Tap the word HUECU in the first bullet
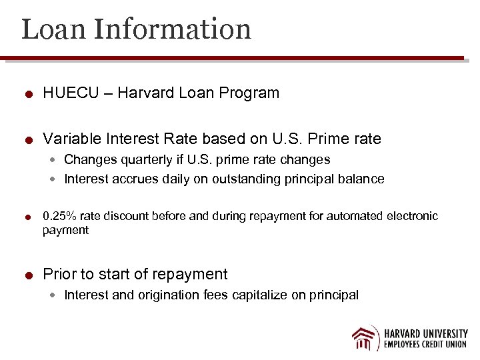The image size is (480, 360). tap(67, 93)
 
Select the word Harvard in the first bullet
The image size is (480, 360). tap(145, 93)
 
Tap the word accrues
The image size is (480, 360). tap(133, 179)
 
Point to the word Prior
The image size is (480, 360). tap(59, 274)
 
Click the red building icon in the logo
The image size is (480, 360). tap(365, 337)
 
